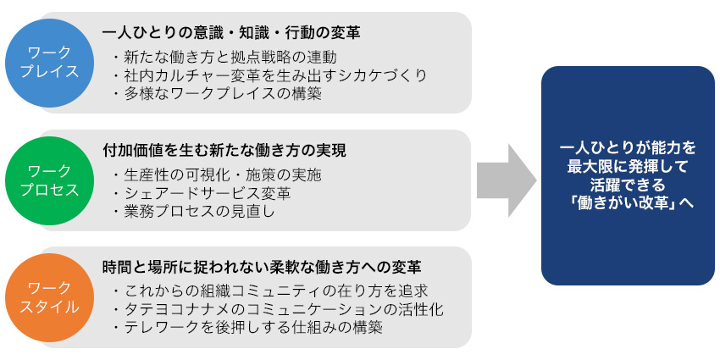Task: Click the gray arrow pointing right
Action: [x=506, y=180]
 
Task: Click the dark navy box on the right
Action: [x=628, y=175]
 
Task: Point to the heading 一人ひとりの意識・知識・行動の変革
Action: [x=231, y=33]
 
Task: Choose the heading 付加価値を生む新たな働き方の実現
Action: [x=224, y=150]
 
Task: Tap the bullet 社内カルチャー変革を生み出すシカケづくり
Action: [x=269, y=75]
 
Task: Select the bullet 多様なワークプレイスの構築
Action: [x=217, y=93]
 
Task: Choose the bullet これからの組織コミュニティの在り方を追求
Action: [x=269, y=291]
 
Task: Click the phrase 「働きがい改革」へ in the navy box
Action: [x=628, y=204]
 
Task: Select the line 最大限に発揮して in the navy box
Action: [x=628, y=166]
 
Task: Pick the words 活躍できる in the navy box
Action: [x=628, y=185]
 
